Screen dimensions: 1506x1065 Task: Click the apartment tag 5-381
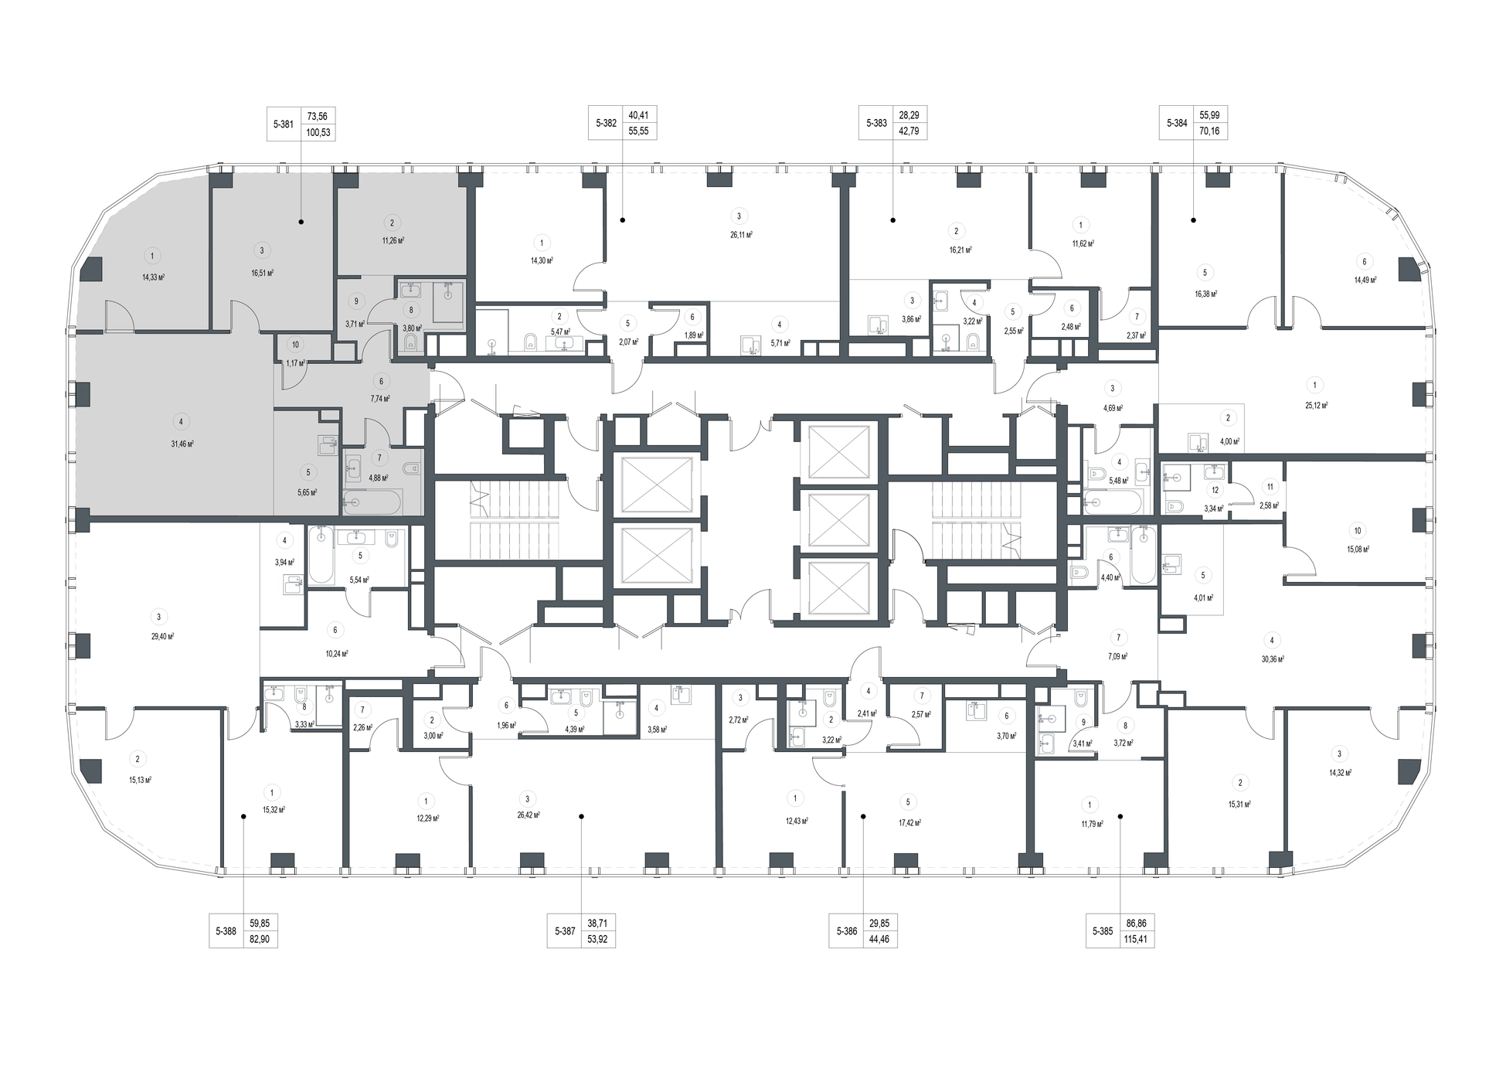click(x=301, y=124)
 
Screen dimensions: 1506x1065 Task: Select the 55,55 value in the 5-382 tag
click(x=638, y=131)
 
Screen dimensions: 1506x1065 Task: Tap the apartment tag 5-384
click(x=1193, y=123)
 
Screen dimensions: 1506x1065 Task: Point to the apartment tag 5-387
click(x=582, y=931)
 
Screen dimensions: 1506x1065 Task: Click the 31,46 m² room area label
click(x=182, y=444)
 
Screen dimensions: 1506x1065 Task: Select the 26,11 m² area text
click(x=742, y=235)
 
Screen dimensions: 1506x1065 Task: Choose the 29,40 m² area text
click(x=162, y=637)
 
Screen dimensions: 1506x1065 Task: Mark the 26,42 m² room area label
click(x=528, y=815)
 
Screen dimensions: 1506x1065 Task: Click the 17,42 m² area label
click(x=910, y=823)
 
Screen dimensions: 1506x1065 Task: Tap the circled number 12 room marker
click(x=1215, y=490)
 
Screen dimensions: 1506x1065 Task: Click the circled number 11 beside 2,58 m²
click(x=1270, y=487)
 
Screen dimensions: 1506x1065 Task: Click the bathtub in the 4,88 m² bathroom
click(x=372, y=503)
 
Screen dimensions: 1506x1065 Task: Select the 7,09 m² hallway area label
click(x=1117, y=657)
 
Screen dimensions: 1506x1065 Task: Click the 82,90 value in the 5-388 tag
click(x=260, y=940)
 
